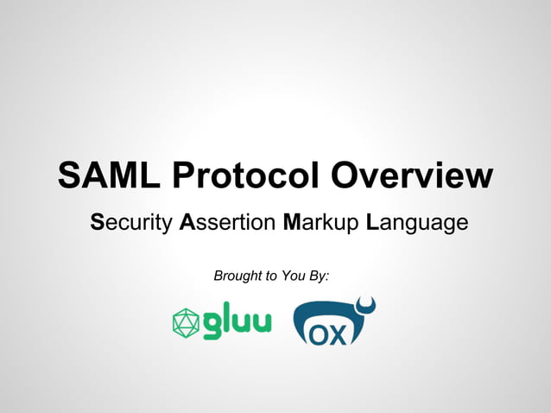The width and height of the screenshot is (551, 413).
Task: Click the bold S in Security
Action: [98, 223]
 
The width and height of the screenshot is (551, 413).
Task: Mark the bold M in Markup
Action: [292, 223]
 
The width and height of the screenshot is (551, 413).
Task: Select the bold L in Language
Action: [372, 223]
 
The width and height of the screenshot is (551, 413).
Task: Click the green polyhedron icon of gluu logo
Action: [185, 322]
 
